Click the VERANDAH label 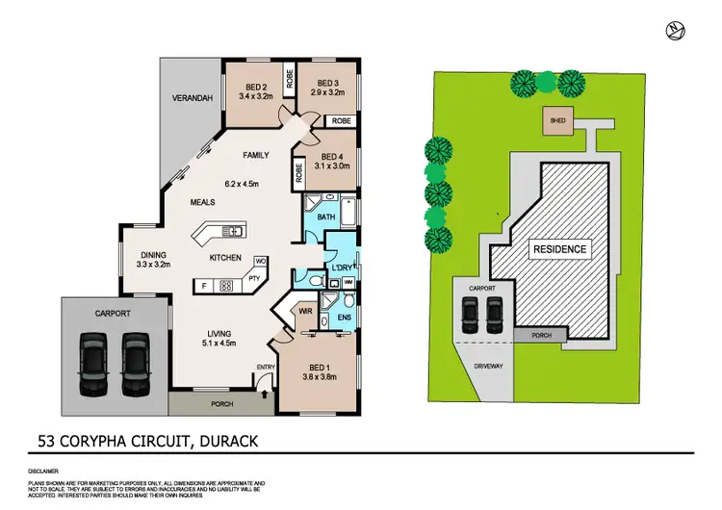tap(192, 95)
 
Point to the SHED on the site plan tap(556, 122)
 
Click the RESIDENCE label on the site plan tap(559, 249)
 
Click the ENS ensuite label tap(344, 316)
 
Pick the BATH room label tap(324, 218)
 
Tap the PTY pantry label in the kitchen tap(255, 279)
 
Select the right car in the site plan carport tap(495, 313)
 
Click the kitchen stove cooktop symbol tap(227, 285)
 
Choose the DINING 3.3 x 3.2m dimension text tap(154, 264)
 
